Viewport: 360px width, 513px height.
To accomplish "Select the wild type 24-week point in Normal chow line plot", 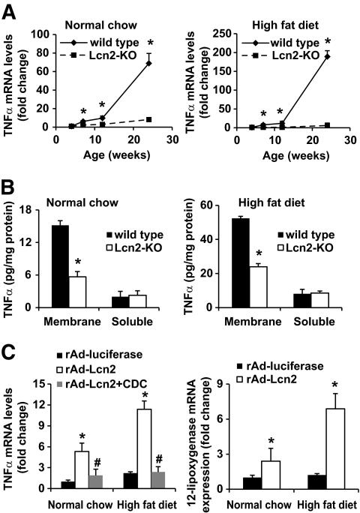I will click(148, 63).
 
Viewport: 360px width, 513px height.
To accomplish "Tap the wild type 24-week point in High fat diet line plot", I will click(327, 55).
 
